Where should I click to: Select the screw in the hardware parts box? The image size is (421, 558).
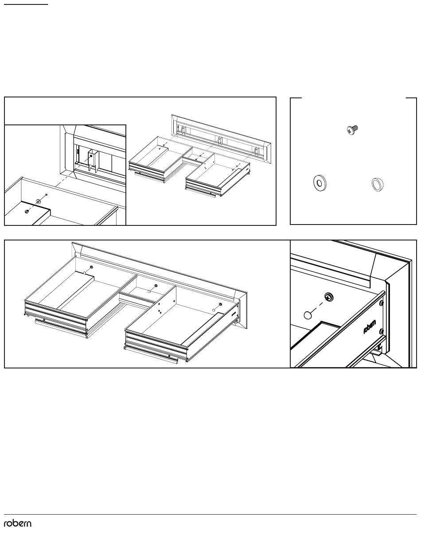point(352,130)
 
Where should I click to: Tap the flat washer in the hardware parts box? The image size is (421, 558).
point(320,183)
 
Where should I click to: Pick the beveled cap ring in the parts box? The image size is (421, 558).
point(378,184)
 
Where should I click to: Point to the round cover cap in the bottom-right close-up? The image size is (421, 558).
point(308,315)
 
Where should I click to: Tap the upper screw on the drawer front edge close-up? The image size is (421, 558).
point(381,303)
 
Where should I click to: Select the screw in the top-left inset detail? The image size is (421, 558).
point(27,212)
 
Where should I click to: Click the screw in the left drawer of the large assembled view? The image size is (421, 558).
point(91,267)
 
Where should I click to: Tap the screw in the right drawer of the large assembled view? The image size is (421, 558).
point(220,304)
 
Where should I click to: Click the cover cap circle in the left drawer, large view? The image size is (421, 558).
point(85,272)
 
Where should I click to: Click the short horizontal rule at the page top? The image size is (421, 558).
point(26,4)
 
